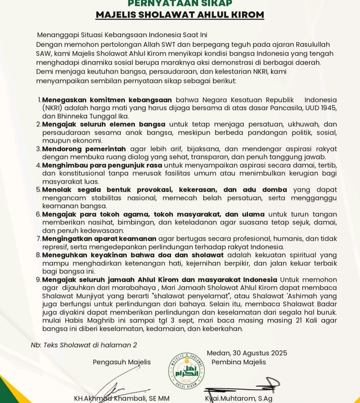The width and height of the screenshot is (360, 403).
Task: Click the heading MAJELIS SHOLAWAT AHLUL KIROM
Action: pyautogui.click(x=179, y=15)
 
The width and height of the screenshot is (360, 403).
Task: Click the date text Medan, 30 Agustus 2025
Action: pyautogui.click(x=247, y=353)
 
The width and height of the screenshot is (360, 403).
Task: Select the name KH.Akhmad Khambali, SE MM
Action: pyautogui.click(x=121, y=398)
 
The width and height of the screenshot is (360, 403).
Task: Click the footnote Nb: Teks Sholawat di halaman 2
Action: pyautogui.click(x=84, y=344)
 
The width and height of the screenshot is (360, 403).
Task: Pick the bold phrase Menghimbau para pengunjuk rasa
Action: pyautogui.click(x=99, y=165)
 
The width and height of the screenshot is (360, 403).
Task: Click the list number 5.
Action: pyautogui.click(x=38, y=190)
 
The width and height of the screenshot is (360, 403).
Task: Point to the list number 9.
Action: pyautogui.click(x=38, y=280)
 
